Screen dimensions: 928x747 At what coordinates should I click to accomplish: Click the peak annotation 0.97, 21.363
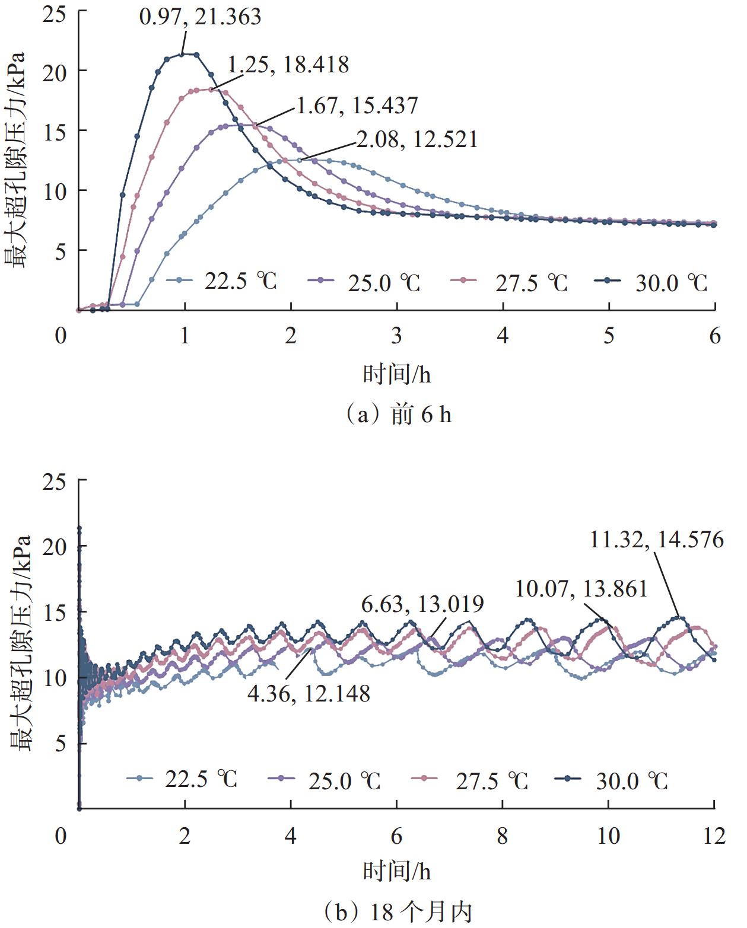pos(200,16)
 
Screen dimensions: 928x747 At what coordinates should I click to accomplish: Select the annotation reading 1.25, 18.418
pos(288,65)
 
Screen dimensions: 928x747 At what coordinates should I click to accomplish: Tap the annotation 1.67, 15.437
pos(357,106)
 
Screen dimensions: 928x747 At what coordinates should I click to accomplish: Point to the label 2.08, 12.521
pos(417,140)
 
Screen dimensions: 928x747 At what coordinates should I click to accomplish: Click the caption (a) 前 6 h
pos(398,414)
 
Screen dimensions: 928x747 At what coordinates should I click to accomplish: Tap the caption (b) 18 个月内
pos(398,911)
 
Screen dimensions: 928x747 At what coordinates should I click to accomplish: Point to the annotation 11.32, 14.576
pos(657,540)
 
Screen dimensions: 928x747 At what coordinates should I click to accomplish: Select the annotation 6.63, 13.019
pos(422,604)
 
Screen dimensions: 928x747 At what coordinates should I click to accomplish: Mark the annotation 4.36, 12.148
pos(309,693)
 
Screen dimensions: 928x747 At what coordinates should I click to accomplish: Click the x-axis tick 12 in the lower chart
pos(714,835)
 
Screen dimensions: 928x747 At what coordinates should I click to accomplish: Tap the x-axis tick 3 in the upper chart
pos(396,336)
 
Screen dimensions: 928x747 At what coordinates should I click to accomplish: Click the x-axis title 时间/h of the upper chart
pos(397,374)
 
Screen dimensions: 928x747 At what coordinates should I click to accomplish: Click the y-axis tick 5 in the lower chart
pos(60,743)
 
